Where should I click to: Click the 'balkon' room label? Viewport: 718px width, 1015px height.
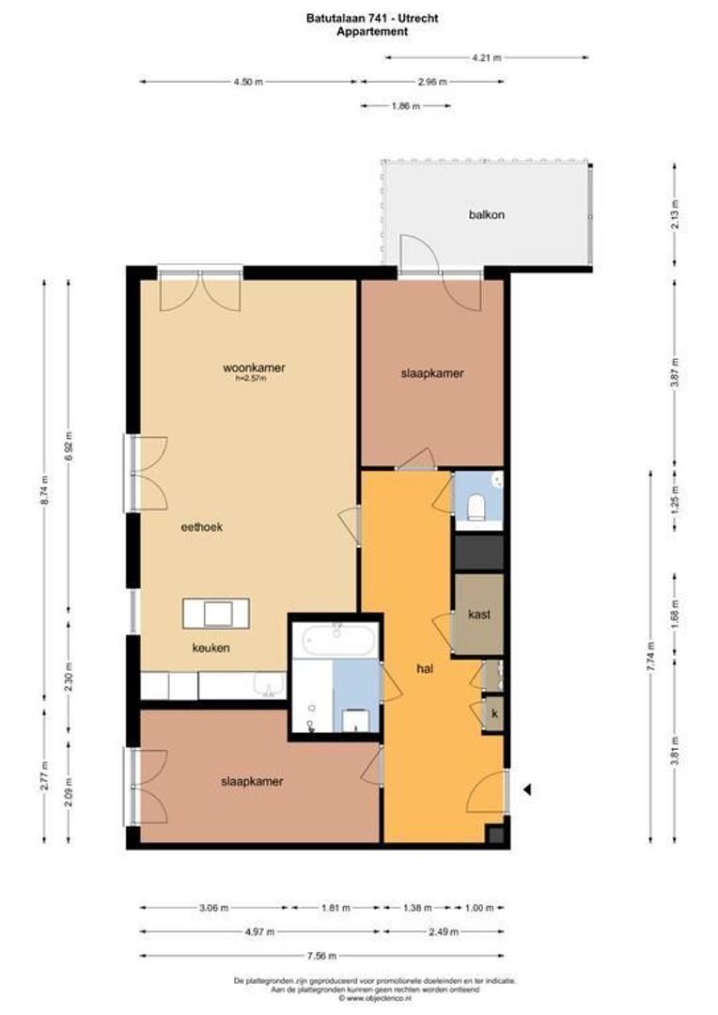[x=487, y=214]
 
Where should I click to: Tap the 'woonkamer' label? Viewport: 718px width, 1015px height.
[x=253, y=367]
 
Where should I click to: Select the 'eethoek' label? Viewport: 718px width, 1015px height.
[x=201, y=527]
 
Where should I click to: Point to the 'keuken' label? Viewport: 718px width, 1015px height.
[x=211, y=648]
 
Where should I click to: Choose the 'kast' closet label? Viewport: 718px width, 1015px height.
[x=479, y=615]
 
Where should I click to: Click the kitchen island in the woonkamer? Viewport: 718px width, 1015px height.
[x=216, y=614]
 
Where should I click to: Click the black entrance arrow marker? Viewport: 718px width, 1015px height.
[x=528, y=789]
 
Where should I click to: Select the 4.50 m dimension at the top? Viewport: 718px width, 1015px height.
[x=248, y=82]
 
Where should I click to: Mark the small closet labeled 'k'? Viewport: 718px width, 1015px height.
[x=493, y=713]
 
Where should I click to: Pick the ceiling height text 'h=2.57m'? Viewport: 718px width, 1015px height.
[x=250, y=379]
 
